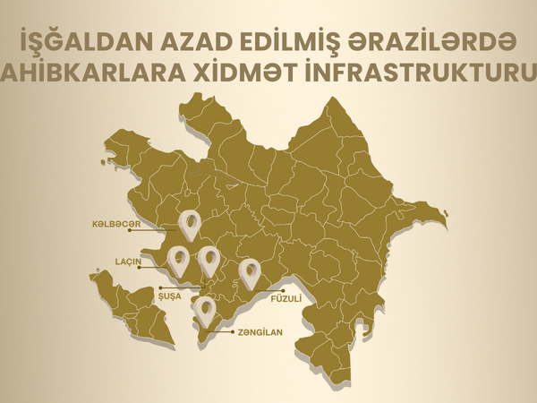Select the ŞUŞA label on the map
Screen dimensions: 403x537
click(x=169, y=294)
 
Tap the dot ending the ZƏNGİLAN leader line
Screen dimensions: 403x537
click(x=200, y=332)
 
